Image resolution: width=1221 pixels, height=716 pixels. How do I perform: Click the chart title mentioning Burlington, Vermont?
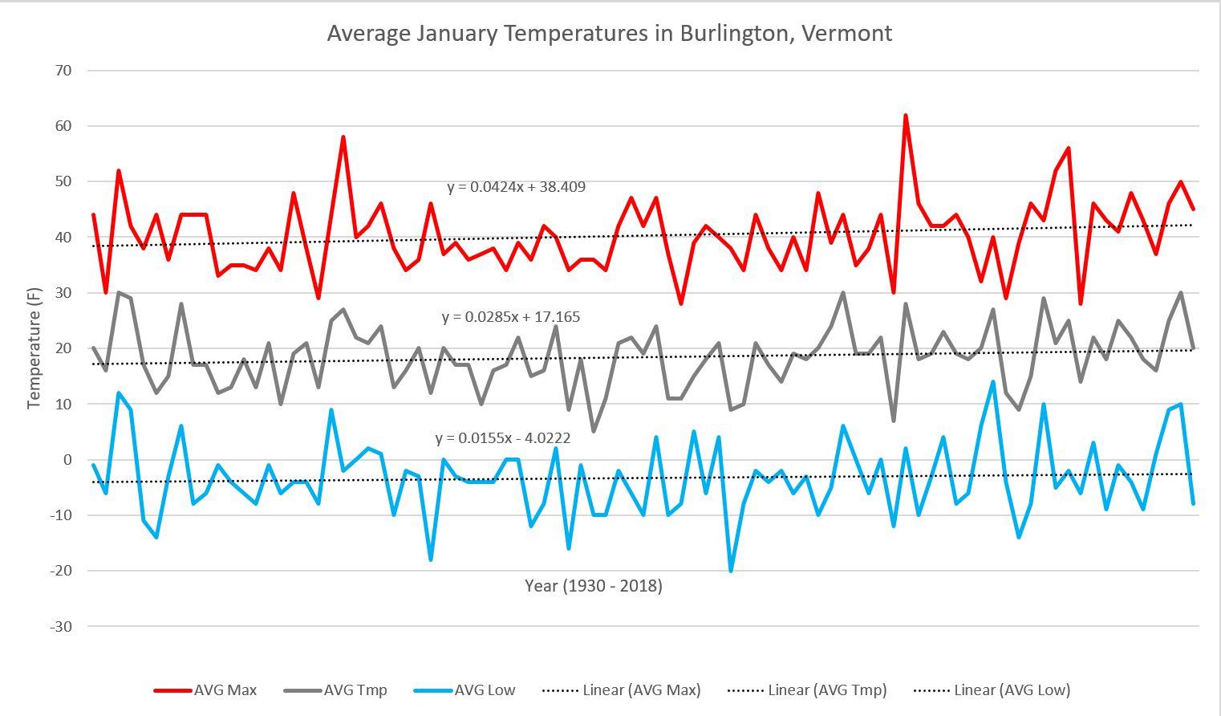tap(609, 33)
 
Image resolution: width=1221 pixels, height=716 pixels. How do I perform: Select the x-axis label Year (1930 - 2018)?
tap(593, 586)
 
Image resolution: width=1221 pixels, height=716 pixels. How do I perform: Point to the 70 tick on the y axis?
tap(63, 71)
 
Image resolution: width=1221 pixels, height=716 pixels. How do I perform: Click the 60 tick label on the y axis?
tap(63, 126)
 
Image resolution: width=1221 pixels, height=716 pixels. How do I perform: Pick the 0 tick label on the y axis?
tap(67, 460)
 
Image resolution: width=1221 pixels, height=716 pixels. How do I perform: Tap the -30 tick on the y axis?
tap(61, 626)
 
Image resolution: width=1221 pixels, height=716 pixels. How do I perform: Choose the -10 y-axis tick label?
tap(61, 515)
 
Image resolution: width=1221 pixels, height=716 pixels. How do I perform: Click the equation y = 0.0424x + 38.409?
tap(516, 187)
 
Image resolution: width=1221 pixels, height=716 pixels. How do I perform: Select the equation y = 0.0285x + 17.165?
tap(510, 317)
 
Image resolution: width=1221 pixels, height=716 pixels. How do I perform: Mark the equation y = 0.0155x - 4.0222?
tap(503, 438)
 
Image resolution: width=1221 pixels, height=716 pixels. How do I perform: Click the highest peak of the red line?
tap(906, 116)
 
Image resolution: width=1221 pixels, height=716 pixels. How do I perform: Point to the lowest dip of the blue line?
tap(731, 571)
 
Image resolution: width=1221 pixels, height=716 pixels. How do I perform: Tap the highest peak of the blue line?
tap(993, 382)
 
